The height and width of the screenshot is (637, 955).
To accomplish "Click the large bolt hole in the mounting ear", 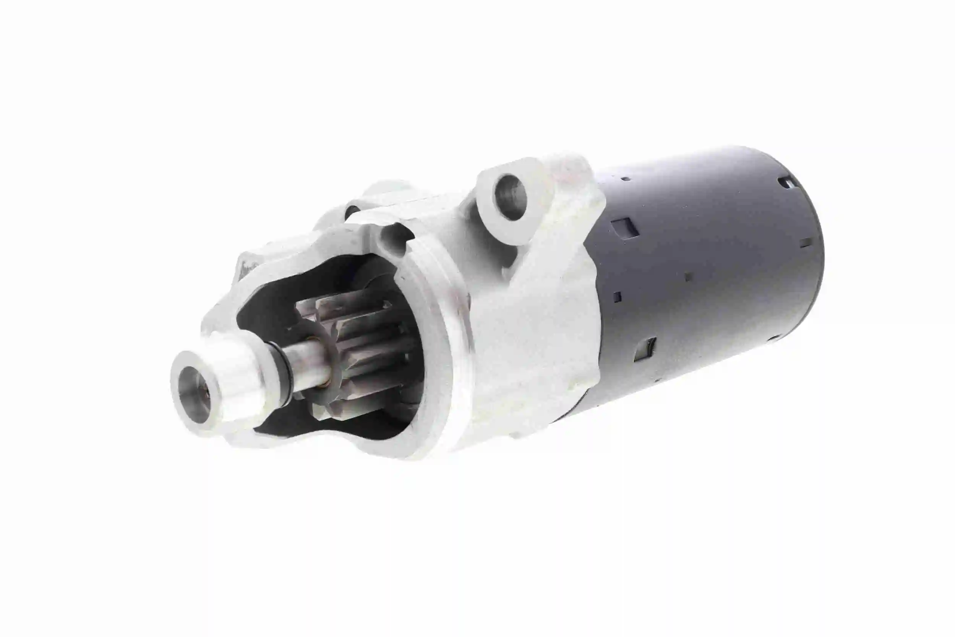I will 511,197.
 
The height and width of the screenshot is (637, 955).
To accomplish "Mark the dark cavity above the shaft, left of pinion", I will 268,309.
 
